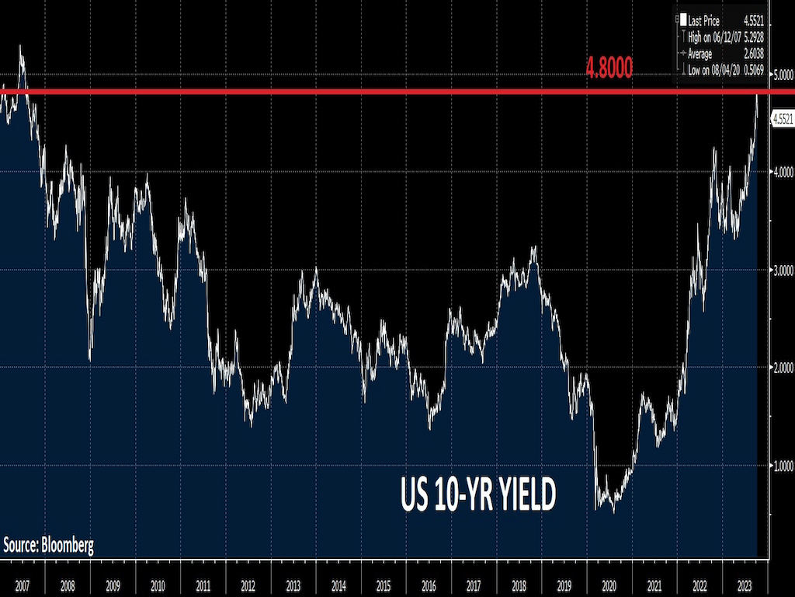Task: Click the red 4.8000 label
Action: (609, 69)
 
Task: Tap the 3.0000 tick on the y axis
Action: (782, 270)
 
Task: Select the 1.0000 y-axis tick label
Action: (782, 466)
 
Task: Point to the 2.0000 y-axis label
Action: (782, 368)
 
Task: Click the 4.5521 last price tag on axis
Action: (782, 118)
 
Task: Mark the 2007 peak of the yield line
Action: (21, 47)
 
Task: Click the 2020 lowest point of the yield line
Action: (614, 511)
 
